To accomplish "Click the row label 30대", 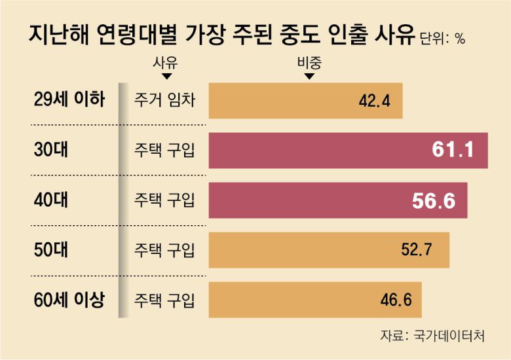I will pyautogui.click(x=49, y=150).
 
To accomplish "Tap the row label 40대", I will pyautogui.click(x=49, y=200).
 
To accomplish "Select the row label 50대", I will pyautogui.click(x=49, y=249).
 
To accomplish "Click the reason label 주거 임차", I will pyautogui.click(x=164, y=101).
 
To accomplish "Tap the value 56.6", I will pyautogui.click(x=434, y=200).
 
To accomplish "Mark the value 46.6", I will pyautogui.click(x=396, y=300).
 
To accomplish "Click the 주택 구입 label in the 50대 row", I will pyautogui.click(x=164, y=250).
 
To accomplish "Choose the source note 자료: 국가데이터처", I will pyautogui.click(x=433, y=336).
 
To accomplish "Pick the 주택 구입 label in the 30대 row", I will pyautogui.click(x=164, y=151).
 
